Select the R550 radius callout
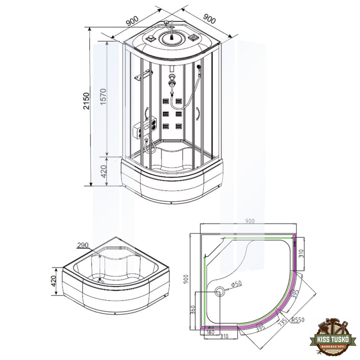298,320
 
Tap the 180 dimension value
210,332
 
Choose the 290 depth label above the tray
83,245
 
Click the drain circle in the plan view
219,291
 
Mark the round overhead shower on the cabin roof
171,38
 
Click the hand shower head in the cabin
199,68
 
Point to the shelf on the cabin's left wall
144,76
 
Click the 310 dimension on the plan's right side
302,254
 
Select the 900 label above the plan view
250,221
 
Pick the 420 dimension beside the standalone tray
54,281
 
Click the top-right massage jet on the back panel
179,101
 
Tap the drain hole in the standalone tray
100,280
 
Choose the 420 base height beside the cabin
104,171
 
